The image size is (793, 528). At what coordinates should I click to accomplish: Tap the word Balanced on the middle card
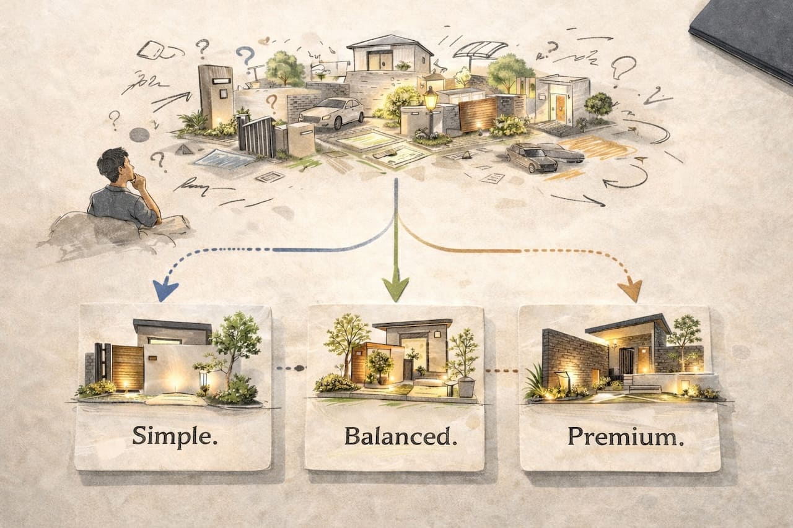[396, 436]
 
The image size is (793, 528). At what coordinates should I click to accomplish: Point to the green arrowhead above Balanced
[395, 288]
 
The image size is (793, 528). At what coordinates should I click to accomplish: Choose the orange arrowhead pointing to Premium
[631, 290]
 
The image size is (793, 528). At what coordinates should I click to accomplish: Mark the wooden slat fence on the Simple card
[127, 368]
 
